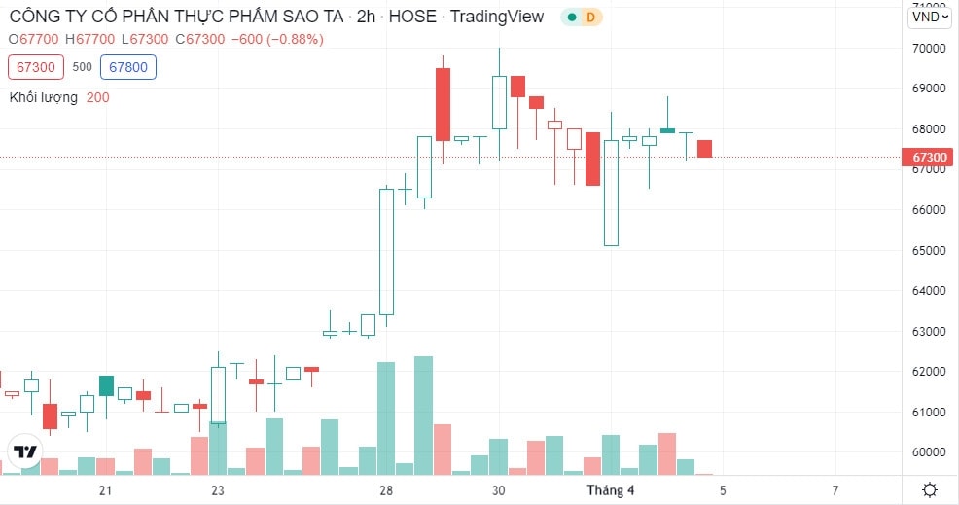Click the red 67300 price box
coord(35,67)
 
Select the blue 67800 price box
coord(128,67)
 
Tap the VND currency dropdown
coord(930,17)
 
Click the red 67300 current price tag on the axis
coord(929,158)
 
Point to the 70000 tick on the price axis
coord(929,49)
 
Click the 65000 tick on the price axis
coord(929,250)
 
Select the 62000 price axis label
coord(929,372)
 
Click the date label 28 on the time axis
coord(386,490)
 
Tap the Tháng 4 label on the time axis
coord(611,490)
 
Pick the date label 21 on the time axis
coord(105,490)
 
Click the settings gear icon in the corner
coord(930,489)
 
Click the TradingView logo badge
coord(24,452)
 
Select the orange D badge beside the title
coord(590,18)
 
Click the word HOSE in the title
coord(412,17)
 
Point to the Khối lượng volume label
coord(44,98)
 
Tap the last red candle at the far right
coord(704,149)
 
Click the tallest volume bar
coord(423,415)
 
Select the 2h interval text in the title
coord(366,17)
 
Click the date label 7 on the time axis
coord(835,490)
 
